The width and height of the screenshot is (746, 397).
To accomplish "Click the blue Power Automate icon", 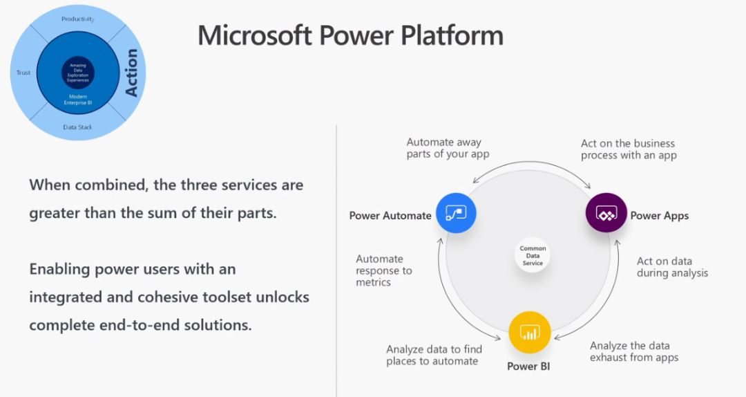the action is point(457,214).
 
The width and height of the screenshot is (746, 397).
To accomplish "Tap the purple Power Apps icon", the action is point(606,214).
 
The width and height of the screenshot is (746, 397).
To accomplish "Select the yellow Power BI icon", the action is point(530,333).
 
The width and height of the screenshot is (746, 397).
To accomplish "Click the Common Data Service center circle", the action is point(533,256).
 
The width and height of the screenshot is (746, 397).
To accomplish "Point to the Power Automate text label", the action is point(390,216).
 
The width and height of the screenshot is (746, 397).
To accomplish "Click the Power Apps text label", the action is point(659,216).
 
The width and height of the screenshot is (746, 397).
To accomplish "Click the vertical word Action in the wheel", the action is point(131,73).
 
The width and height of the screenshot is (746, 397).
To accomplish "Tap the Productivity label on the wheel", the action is point(77,19).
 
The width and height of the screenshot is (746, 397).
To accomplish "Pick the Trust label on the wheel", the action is point(23,73).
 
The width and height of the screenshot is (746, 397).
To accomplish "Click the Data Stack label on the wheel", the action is point(77,127).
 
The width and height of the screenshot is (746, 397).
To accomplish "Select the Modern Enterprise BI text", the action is point(77,100).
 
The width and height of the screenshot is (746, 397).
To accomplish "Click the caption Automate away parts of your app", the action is point(448,148).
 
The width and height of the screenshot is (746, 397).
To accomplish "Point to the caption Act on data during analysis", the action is point(672,267).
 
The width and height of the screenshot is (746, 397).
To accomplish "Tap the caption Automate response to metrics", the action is point(384,270).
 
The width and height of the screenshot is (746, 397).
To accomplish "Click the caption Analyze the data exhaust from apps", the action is point(633,351).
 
